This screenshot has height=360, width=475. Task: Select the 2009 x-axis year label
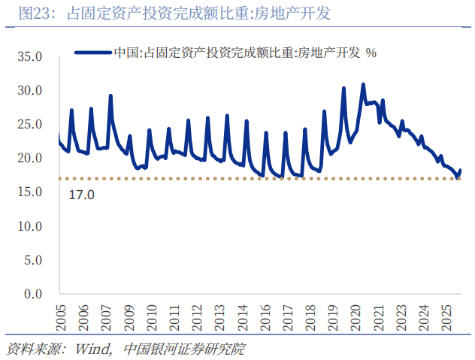(x=129, y=316)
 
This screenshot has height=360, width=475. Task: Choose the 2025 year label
(x=446, y=316)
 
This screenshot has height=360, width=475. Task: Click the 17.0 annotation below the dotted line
(x=81, y=195)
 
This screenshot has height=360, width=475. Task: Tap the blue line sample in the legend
(x=92, y=53)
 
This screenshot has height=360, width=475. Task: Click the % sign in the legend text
(x=371, y=53)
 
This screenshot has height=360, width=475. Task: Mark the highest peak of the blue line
(x=363, y=84)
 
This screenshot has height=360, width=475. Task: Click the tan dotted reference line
(x=225, y=179)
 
